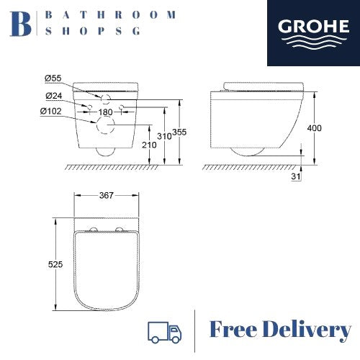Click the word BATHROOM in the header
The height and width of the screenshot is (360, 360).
pyautogui.click(x=109, y=14)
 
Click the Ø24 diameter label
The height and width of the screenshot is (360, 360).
pyautogui.click(x=53, y=96)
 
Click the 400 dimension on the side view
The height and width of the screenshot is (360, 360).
pyautogui.click(x=314, y=128)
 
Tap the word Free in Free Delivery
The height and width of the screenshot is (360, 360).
pyautogui.click(x=234, y=330)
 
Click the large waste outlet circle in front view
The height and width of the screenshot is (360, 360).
pyautogui.click(x=107, y=127)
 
